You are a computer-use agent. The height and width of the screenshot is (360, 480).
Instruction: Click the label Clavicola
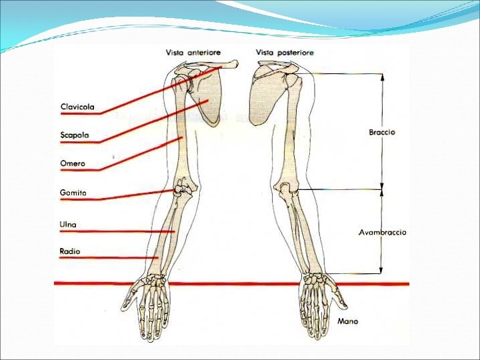click(x=77, y=107)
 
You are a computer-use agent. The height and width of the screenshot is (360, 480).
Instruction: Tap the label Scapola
click(x=75, y=135)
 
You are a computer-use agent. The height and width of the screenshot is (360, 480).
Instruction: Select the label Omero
click(x=73, y=164)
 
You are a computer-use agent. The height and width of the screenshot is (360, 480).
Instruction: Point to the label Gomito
click(x=73, y=193)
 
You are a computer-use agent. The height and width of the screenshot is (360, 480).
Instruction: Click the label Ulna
click(x=68, y=225)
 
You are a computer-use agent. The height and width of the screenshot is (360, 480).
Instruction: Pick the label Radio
click(x=69, y=251)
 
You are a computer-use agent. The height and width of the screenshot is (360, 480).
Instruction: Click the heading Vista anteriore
click(x=193, y=53)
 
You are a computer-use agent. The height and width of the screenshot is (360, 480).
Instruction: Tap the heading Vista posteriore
click(x=285, y=53)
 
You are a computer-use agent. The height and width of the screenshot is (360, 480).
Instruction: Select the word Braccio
click(x=381, y=132)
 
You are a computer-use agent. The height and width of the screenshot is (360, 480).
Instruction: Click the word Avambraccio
click(x=382, y=233)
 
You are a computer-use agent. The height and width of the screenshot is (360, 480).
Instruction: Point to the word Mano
click(x=347, y=321)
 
